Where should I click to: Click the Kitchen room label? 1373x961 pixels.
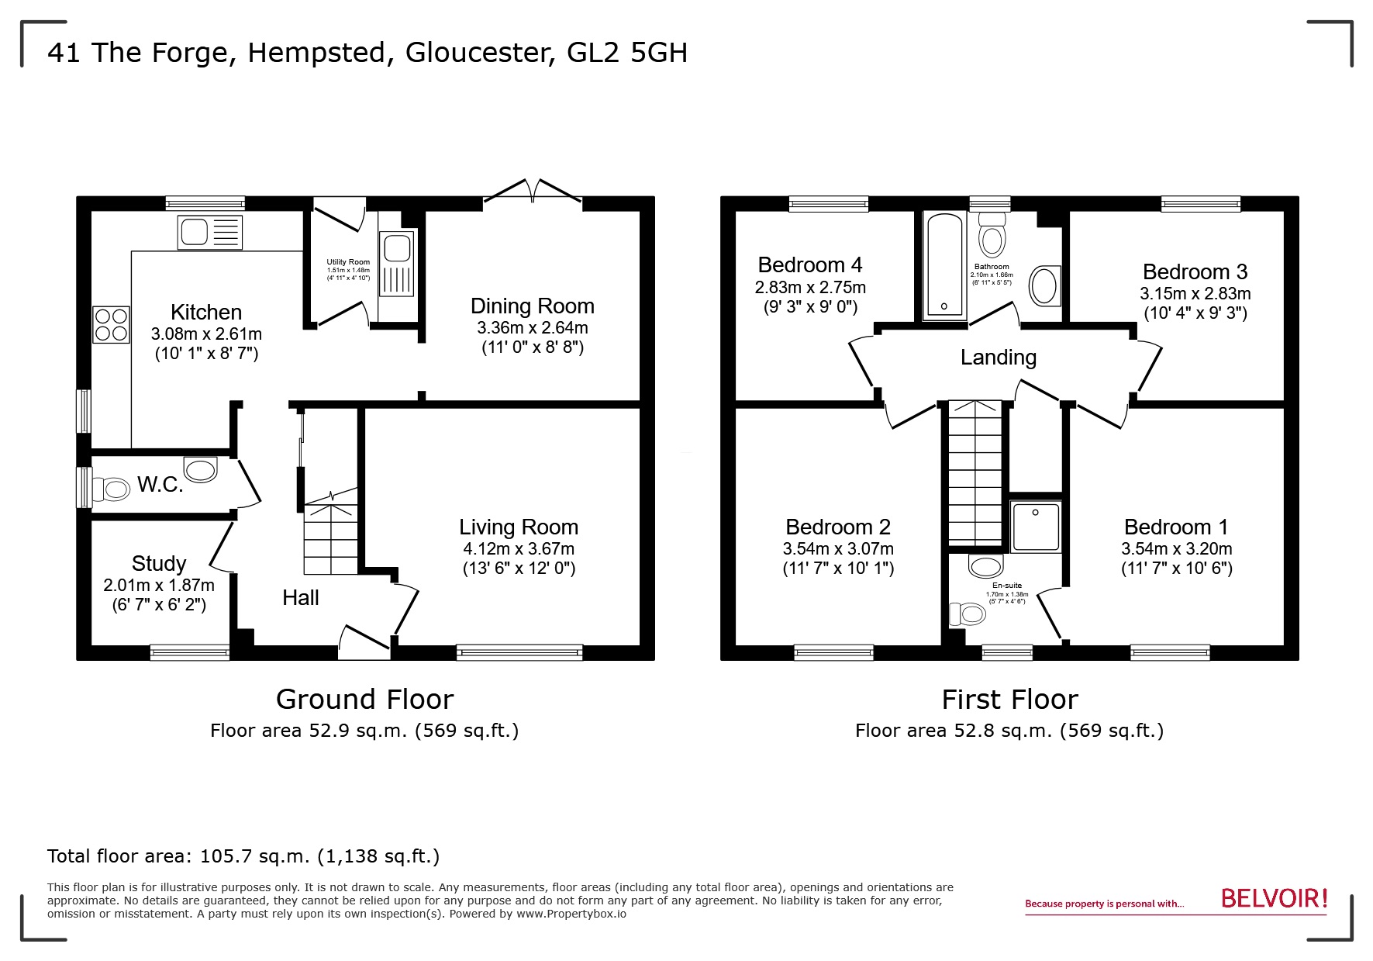coord(206,312)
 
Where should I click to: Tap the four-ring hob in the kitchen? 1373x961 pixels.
coord(110,325)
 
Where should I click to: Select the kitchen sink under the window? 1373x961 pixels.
coord(210,232)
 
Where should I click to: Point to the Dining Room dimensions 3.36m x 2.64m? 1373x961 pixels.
coord(532,327)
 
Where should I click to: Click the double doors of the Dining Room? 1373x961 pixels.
coord(533,192)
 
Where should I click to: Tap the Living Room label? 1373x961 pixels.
coord(518,527)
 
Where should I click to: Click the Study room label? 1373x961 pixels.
coord(159,563)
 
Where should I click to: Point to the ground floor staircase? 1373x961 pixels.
coord(331,538)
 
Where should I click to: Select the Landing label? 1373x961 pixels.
coord(998,358)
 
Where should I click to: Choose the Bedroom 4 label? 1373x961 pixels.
coord(810,265)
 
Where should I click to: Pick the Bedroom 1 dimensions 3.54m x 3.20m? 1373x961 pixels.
coord(1176,549)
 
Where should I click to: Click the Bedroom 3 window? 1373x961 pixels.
coord(1200,203)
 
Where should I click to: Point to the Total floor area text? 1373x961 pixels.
coord(243,856)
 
